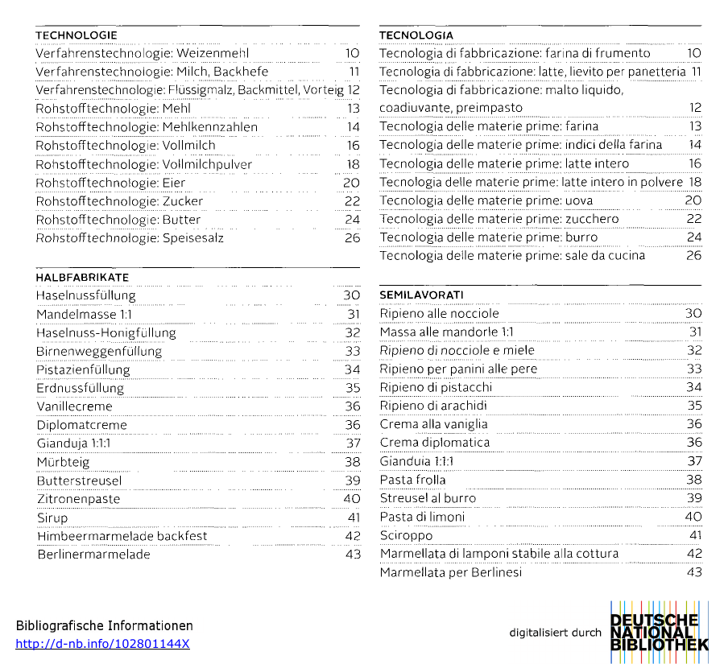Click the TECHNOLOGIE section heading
pos(77,35)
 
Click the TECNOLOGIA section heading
pos(416,35)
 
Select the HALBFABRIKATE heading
pos(82,277)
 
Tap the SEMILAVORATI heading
pos(421,295)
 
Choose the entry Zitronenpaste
pos(78,499)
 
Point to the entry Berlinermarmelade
pos(93,555)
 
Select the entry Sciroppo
pos(406,535)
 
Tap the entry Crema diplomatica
pos(435,443)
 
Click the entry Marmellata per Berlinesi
pos(451,572)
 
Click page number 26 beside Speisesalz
pos(352,238)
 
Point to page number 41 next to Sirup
pos(354,518)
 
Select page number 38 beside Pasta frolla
pos(694,480)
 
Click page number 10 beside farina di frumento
pos(694,53)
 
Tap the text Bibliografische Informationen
pos(105,625)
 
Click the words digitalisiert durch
pos(555,633)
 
